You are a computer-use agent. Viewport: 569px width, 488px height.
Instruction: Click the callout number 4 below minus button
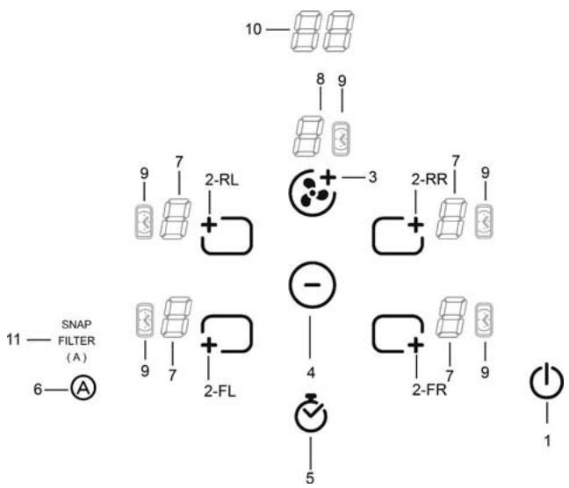pos(310,360)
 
